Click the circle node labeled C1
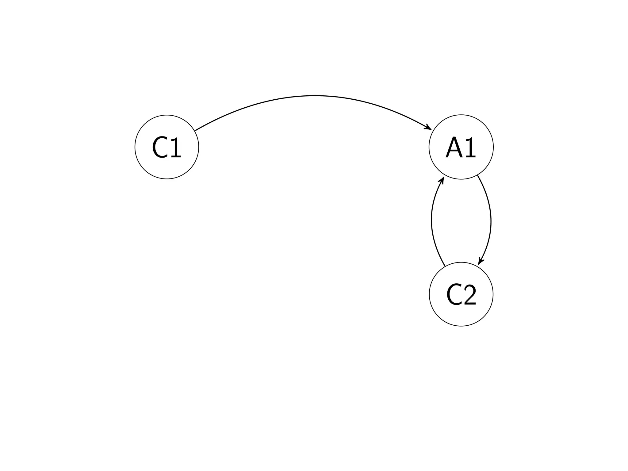167,147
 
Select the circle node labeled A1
461,147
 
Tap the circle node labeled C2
461,294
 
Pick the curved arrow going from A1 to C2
491,221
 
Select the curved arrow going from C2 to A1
432,220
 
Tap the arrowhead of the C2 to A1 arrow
442,179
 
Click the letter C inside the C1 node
160,147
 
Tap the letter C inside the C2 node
454,295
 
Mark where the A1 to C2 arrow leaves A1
477,175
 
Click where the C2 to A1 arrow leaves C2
445,266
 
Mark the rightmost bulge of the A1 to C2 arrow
491,221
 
